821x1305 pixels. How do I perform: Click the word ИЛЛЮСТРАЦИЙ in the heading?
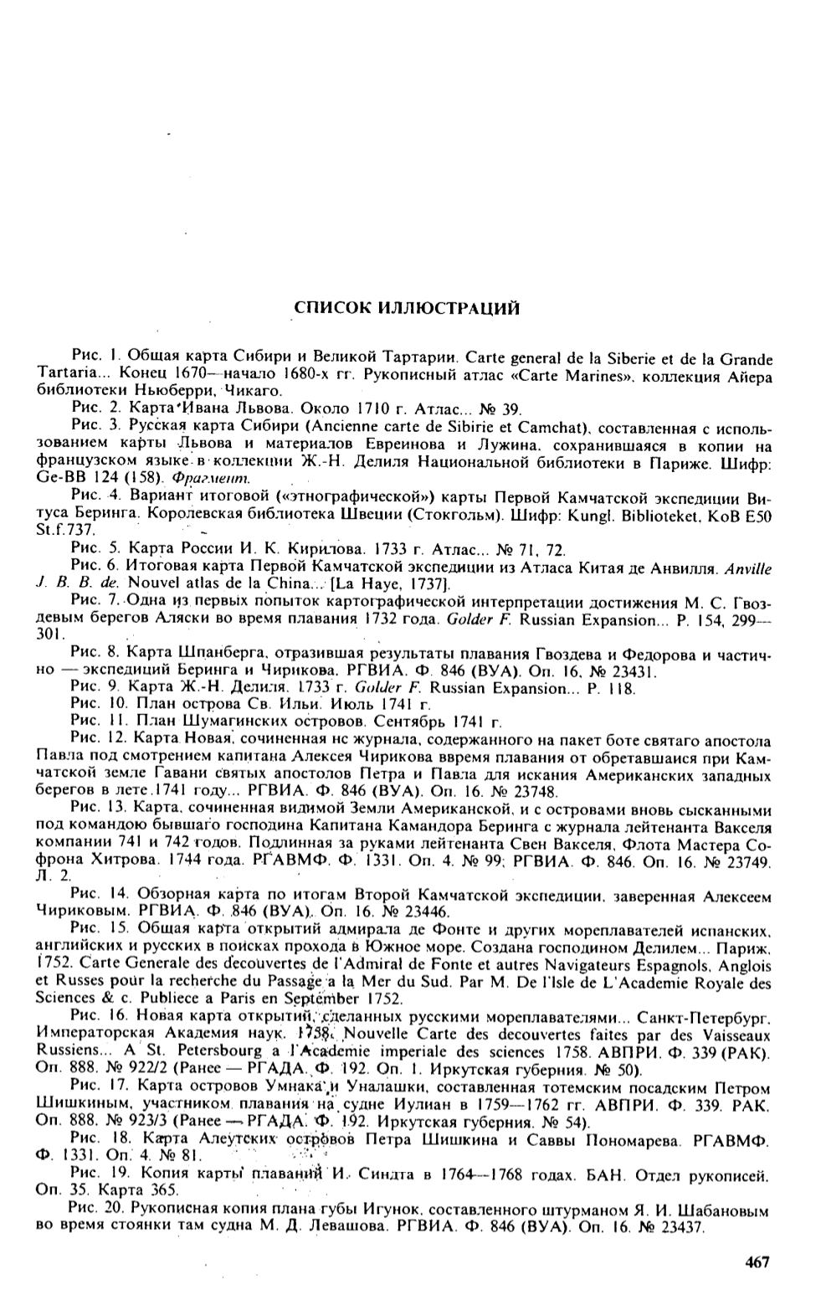point(444,308)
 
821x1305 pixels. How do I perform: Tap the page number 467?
point(756,1262)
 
